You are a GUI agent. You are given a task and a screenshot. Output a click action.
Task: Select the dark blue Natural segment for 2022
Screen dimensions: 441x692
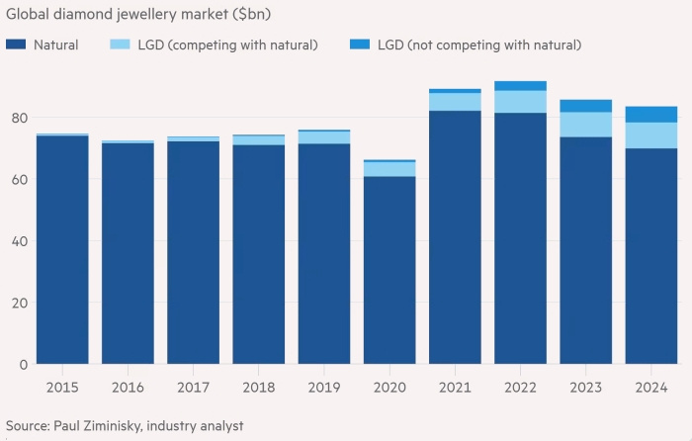pyautogui.click(x=520, y=238)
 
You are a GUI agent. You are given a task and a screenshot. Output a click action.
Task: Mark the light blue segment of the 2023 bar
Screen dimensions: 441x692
pyautogui.click(x=586, y=125)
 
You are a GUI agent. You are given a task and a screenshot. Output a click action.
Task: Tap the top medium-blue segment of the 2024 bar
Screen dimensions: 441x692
pyautogui.click(x=651, y=114)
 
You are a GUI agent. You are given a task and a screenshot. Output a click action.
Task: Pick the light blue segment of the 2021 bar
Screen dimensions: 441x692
pyautogui.click(x=455, y=102)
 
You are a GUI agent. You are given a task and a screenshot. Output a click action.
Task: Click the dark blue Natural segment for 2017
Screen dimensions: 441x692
pyautogui.click(x=193, y=252)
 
